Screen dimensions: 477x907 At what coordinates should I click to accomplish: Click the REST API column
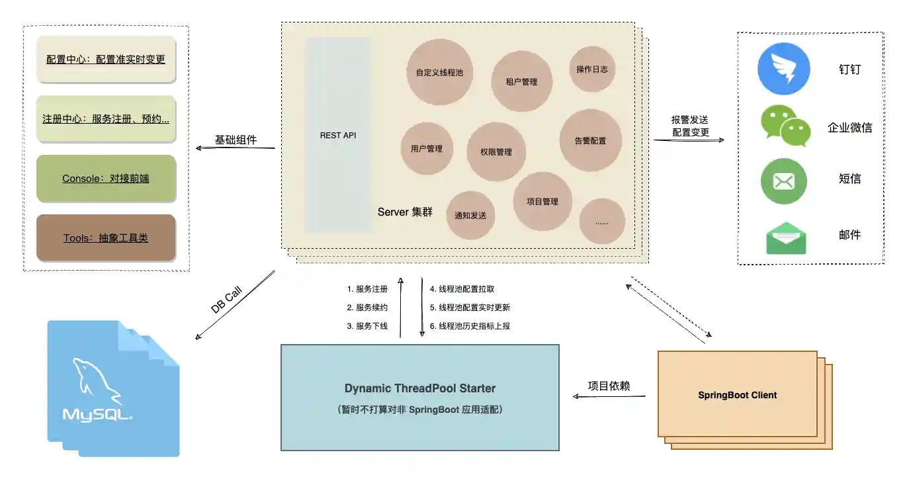pos(338,135)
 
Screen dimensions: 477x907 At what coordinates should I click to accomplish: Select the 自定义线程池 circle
pos(440,72)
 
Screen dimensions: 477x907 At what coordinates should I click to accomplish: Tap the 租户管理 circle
pos(521,81)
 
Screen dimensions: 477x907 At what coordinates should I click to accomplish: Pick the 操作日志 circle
pos(591,69)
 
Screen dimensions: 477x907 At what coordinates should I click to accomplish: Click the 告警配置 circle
pos(590,140)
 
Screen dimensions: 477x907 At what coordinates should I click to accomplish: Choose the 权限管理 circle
pos(496,152)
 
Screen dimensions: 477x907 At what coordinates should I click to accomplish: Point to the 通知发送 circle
pos(470,215)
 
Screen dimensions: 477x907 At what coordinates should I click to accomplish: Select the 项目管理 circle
pos(542,201)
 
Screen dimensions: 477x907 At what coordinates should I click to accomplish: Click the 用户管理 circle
pos(427,148)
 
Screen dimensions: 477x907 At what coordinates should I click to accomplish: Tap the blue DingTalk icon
pos(784,69)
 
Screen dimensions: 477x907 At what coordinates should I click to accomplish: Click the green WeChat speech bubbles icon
pos(785,126)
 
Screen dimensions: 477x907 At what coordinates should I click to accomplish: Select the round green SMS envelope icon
pos(784,181)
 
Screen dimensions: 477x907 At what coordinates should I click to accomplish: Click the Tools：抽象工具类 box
pos(106,238)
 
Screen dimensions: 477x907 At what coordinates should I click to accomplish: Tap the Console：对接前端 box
pos(106,178)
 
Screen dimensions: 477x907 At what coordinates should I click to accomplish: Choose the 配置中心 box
pos(106,59)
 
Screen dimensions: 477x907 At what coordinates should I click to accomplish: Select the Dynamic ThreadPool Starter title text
pos(419,388)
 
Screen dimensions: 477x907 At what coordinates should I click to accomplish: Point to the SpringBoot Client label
pos(737,395)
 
